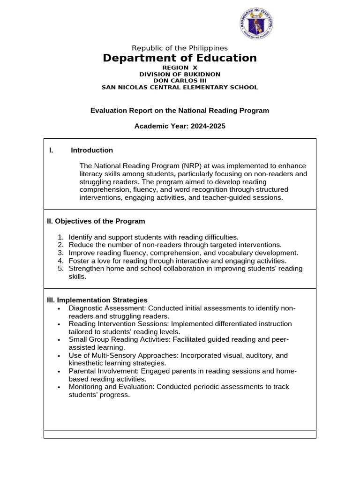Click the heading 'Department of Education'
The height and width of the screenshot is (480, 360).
[180, 58]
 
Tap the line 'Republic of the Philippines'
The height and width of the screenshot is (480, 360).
[180, 48]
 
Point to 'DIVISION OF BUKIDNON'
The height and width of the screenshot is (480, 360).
[180, 74]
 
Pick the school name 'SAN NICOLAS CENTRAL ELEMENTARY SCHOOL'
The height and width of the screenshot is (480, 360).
[180, 87]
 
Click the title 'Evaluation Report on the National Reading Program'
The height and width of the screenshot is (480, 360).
[180, 111]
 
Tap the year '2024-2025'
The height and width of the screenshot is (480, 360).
[203, 127]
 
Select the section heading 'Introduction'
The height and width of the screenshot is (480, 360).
[92, 150]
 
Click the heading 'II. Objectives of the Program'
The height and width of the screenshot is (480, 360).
[95, 221]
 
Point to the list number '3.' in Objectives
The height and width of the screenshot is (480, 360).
[60, 253]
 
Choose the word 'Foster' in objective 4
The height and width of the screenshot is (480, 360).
[79, 261]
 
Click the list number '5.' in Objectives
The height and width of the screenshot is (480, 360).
[60, 269]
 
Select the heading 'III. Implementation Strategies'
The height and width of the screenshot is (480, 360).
[97, 300]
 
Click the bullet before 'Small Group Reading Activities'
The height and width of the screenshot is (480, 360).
[59, 340]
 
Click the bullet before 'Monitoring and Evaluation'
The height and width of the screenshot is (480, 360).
[59, 387]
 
